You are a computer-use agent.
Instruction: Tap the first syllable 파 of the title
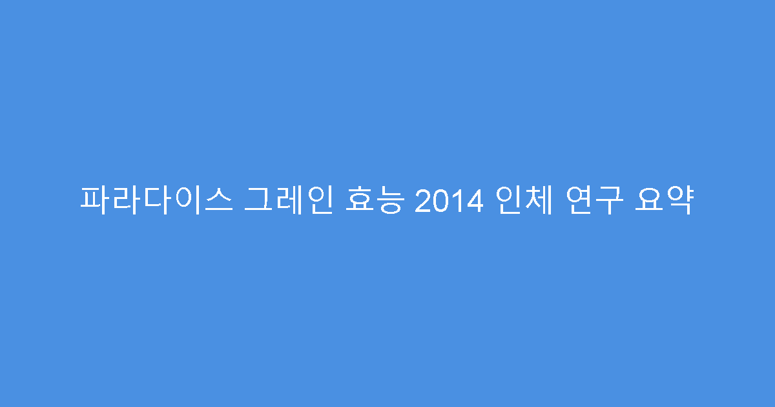(95, 201)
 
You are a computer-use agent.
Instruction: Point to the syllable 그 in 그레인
(259, 201)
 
